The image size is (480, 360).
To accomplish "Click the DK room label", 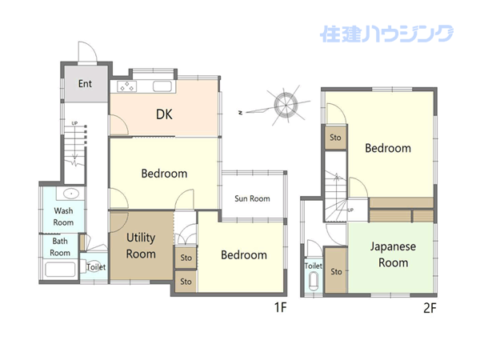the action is [164, 114].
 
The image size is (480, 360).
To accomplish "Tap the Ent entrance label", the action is [85, 83].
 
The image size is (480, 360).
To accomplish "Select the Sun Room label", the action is [252, 198].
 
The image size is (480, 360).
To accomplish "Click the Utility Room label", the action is [141, 246].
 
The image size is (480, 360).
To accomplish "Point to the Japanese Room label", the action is [393, 254].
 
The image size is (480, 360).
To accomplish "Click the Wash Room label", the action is [63, 217].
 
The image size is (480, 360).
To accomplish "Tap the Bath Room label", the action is [60, 246].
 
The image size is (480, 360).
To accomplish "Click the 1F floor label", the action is [281, 307].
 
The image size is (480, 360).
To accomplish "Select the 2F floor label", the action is [430, 308].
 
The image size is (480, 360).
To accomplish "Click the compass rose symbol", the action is [286, 105].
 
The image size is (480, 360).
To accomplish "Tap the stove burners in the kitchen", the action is [126, 86].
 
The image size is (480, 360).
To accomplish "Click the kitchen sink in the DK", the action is [162, 86].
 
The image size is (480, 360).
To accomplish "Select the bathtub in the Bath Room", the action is [60, 270].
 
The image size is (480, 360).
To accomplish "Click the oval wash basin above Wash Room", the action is [71, 194].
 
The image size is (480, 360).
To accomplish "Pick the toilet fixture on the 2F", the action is [314, 282].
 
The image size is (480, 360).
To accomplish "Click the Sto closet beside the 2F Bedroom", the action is [335, 138].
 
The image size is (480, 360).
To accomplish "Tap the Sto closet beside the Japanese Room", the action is [336, 270].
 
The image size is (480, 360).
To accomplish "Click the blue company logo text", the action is [386, 34].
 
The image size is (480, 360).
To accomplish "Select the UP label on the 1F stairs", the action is [74, 123].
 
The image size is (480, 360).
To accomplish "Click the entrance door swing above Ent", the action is [88, 51].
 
